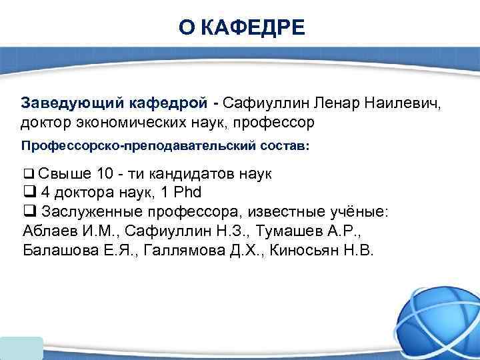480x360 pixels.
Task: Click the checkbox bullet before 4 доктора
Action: (x=29, y=193)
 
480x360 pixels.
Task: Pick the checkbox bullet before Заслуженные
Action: (x=29, y=212)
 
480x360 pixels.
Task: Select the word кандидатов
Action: (x=191, y=174)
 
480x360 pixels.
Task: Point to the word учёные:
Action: (x=362, y=212)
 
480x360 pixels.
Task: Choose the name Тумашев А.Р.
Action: (x=313, y=231)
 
